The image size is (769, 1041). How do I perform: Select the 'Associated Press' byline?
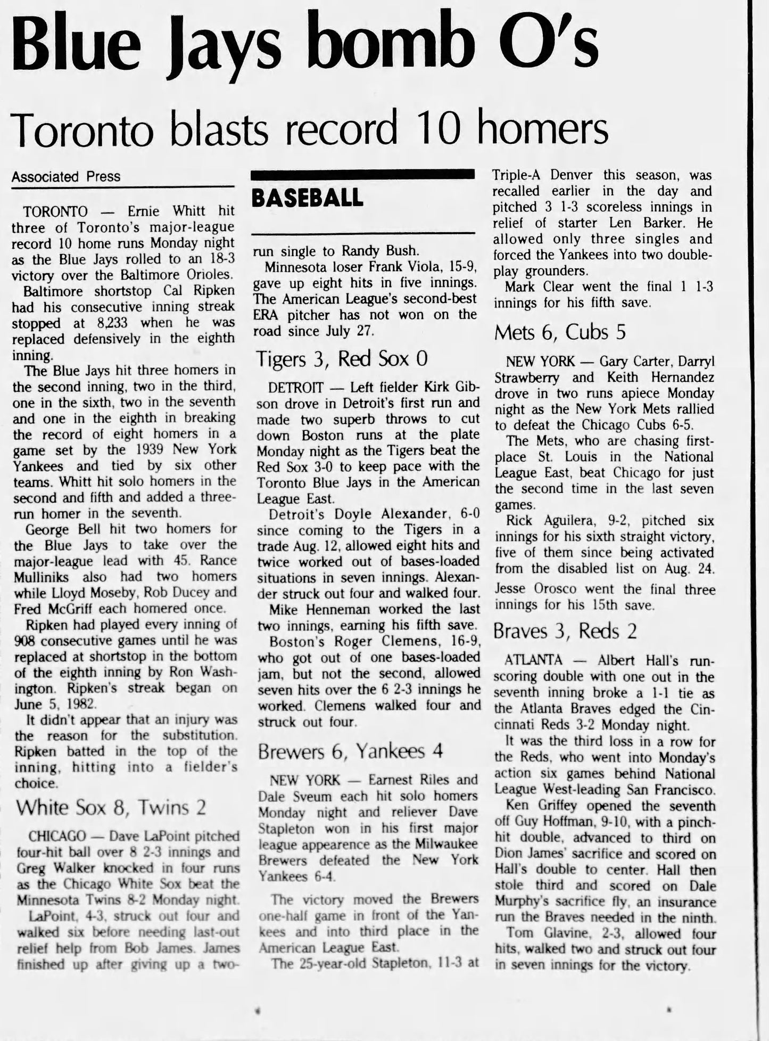[x=66, y=177]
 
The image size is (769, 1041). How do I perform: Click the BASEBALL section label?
[x=308, y=199]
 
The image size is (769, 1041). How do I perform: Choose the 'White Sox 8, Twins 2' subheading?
[x=111, y=808]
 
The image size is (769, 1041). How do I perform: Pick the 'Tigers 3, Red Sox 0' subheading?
[x=342, y=359]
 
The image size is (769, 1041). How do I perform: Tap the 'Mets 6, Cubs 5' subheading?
[x=559, y=332]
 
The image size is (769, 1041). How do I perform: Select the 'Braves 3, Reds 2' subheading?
[x=565, y=631]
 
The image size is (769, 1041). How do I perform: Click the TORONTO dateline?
[x=55, y=211]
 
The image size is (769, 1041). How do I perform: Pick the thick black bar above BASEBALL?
[x=362, y=174]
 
